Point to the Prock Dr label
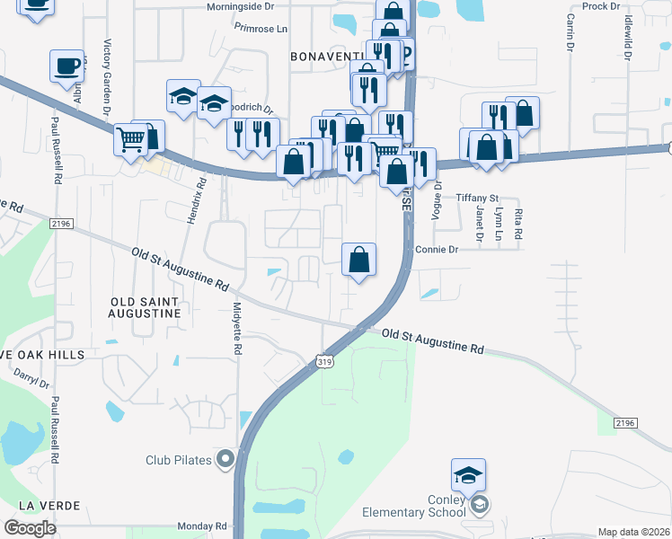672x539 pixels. [x=601, y=5]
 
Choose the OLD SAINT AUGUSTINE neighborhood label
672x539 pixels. [x=145, y=307]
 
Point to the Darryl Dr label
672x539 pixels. [x=33, y=382]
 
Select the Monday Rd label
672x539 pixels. [x=201, y=526]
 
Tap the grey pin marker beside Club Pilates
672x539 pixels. [x=225, y=460]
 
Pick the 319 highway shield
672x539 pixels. [x=325, y=361]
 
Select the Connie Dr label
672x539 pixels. [x=437, y=249]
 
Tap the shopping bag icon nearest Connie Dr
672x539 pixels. [x=358, y=260]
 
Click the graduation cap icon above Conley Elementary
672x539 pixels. [x=468, y=474]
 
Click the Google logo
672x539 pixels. [x=30, y=528]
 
